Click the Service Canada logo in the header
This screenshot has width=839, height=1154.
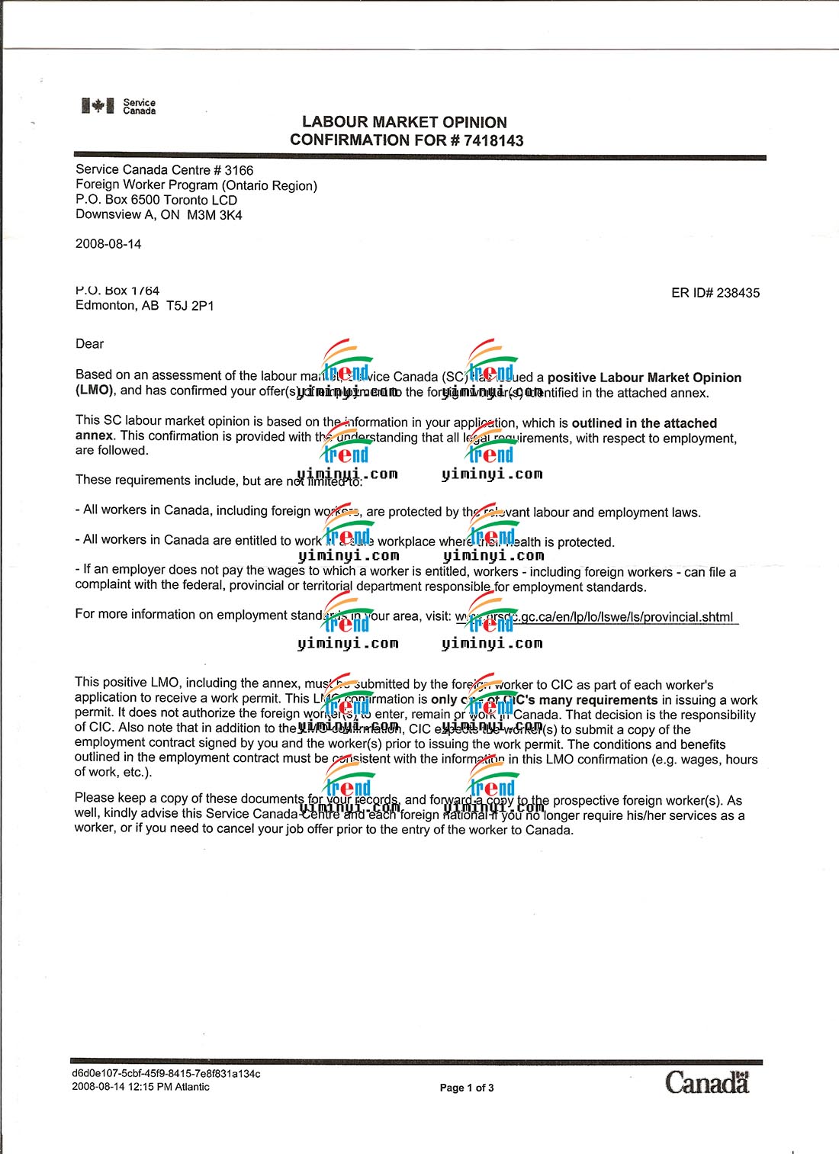pyautogui.click(x=118, y=106)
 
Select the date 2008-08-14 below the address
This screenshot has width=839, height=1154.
pyautogui.click(x=108, y=244)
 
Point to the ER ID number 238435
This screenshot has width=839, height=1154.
pyautogui.click(x=738, y=293)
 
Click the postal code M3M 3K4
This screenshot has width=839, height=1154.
pyautogui.click(x=214, y=215)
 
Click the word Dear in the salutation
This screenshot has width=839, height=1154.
pyautogui.click(x=89, y=344)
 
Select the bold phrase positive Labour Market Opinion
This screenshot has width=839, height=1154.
pyautogui.click(x=644, y=378)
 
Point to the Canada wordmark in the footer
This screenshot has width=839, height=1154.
pyautogui.click(x=707, y=1082)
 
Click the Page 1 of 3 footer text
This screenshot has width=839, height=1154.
pyautogui.click(x=467, y=1088)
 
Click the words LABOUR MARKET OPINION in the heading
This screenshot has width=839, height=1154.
pyautogui.click(x=404, y=122)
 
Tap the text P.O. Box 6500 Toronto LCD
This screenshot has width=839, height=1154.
pyautogui.click(x=156, y=200)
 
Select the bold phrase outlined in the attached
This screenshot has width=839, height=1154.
pyautogui.click(x=644, y=423)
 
